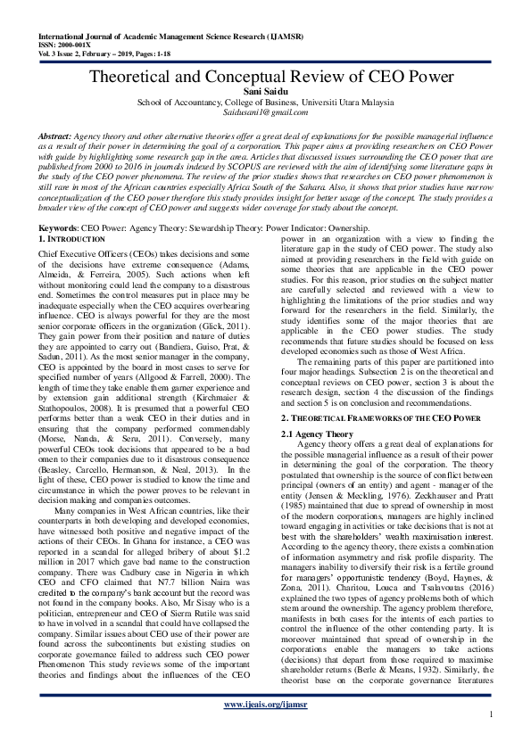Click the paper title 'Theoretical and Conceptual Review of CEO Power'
(265, 77)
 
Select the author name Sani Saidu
(265, 92)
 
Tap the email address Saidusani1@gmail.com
(265, 112)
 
